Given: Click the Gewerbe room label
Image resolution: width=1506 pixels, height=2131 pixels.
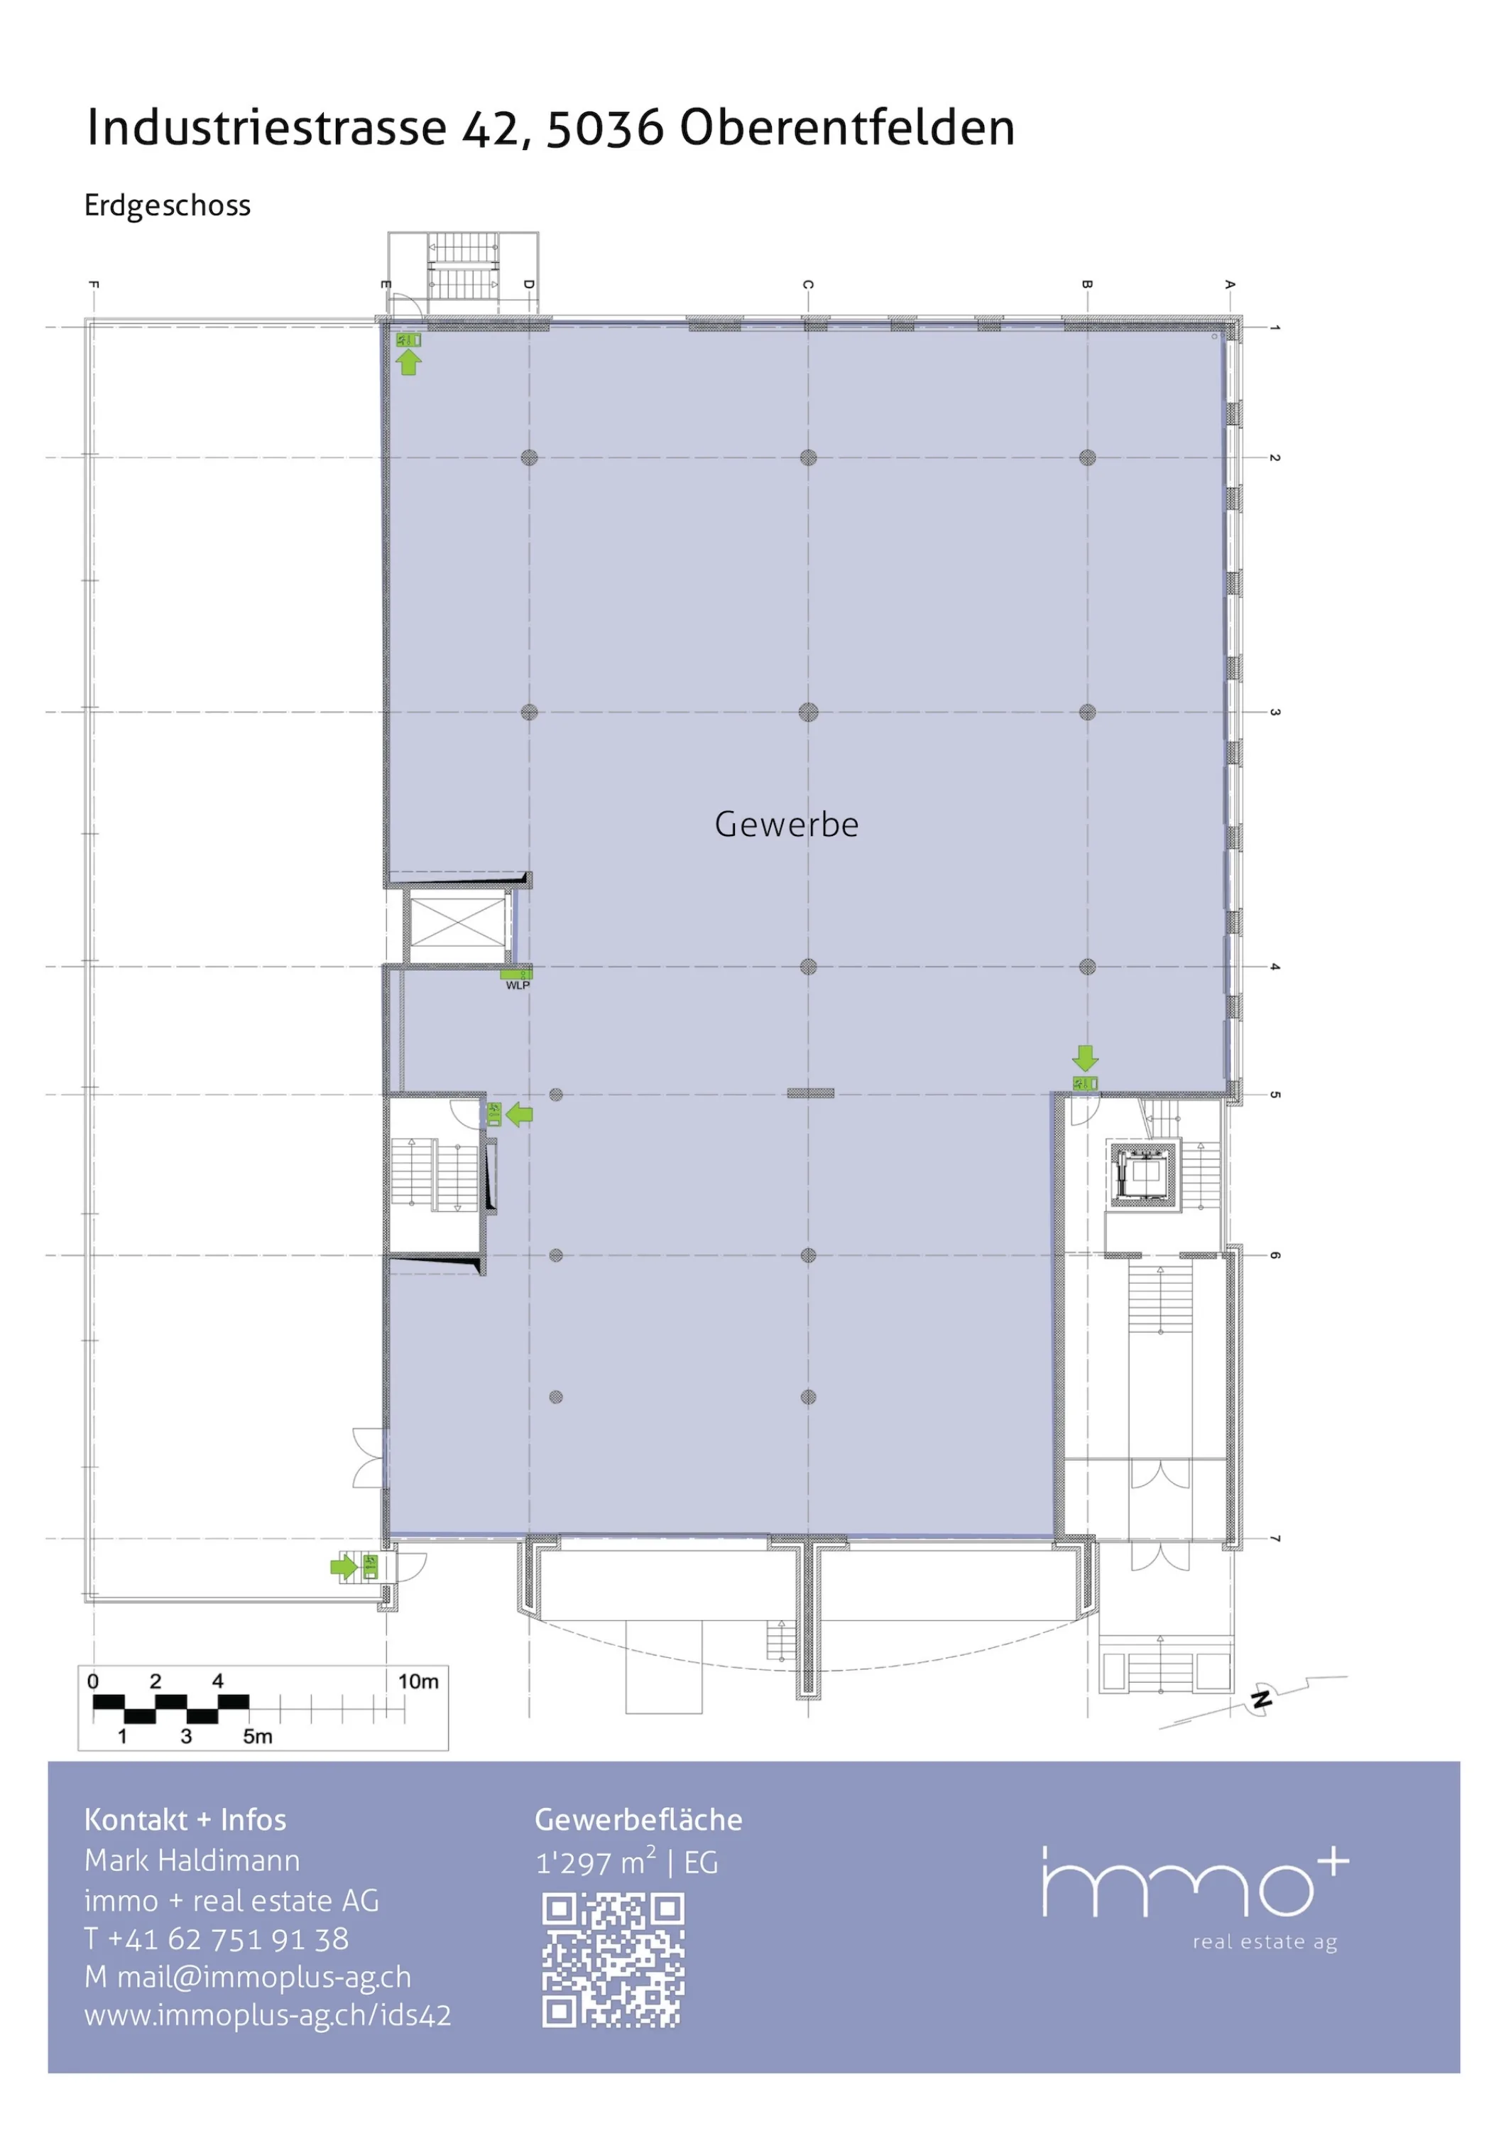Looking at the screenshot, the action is (x=786, y=824).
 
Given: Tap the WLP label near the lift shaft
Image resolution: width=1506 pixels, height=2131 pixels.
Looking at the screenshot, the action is (x=518, y=986).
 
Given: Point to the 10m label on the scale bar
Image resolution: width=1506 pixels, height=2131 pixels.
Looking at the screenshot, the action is (x=418, y=1681).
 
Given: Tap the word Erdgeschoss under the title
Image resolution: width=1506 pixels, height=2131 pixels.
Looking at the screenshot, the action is (x=167, y=205).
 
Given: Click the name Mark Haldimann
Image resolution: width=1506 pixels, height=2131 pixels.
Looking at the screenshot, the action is (x=192, y=1860).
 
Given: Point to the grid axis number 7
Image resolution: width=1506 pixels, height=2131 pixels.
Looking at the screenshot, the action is (x=1275, y=1539).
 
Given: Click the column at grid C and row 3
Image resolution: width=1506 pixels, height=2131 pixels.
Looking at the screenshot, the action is (x=808, y=712).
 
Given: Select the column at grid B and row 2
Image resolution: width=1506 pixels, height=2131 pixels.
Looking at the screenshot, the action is (x=1088, y=457).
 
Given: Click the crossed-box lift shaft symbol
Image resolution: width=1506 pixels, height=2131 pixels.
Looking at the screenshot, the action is (x=457, y=926).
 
